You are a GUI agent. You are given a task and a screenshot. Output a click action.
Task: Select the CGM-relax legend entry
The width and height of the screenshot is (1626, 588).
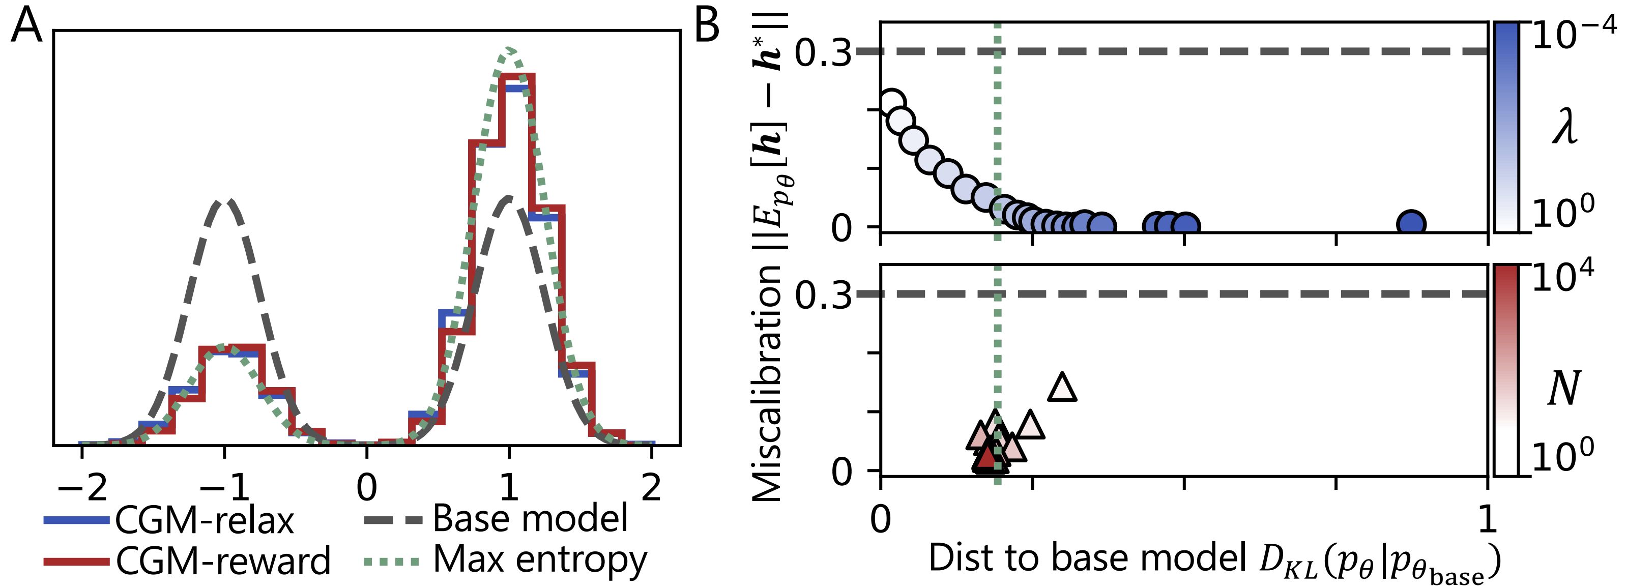(169, 520)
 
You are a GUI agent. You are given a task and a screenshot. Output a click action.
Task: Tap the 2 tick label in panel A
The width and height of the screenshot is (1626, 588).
(651, 488)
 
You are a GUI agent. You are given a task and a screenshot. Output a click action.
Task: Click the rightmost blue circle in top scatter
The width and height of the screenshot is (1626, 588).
(1411, 223)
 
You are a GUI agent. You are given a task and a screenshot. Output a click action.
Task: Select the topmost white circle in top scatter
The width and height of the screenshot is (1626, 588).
(892, 103)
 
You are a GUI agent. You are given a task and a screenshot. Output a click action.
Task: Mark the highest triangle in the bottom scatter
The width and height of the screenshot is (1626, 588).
(1062, 387)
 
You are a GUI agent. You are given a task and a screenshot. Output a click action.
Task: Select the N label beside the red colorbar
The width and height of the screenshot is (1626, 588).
(1564, 388)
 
